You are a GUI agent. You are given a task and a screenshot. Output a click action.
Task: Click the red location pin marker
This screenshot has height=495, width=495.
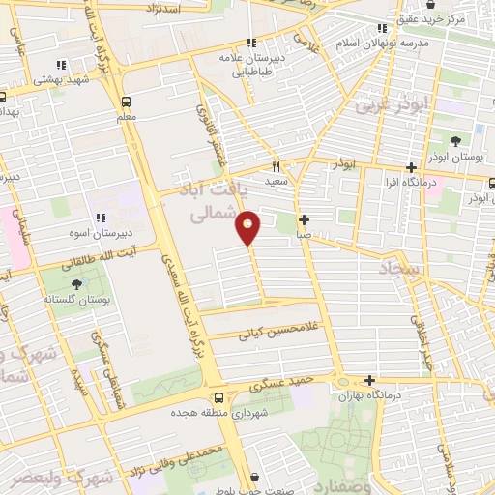[x=248, y=229]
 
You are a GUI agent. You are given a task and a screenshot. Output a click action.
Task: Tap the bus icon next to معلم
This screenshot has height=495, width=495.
[x=127, y=101]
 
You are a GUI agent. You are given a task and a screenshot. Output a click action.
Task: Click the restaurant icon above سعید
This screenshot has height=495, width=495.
[x=276, y=165]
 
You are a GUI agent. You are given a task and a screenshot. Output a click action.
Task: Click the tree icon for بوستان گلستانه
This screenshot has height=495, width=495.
[x=77, y=283]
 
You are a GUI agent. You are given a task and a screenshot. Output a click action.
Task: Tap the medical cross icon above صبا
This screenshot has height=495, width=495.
[x=304, y=219]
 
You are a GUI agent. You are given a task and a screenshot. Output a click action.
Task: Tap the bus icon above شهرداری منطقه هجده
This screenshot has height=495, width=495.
[x=219, y=397]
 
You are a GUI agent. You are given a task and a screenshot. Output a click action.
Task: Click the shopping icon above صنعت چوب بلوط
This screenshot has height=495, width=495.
[x=254, y=477]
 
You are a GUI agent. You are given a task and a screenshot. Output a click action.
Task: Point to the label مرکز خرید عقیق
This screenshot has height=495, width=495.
[x=458, y=19]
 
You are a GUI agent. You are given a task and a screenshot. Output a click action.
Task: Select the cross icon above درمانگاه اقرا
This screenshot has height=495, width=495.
[x=410, y=166]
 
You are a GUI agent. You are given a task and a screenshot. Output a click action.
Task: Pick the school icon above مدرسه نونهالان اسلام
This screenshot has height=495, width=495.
[x=383, y=28]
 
